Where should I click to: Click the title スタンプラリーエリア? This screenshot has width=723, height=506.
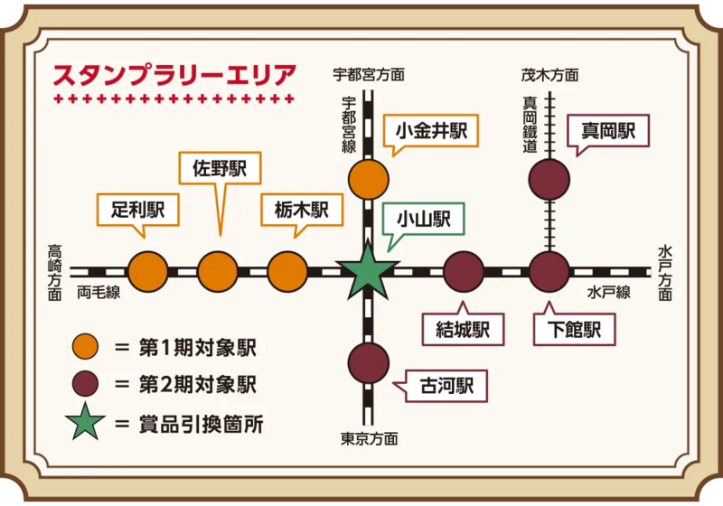pos(174,74)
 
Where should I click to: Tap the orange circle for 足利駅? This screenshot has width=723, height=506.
pos(148,271)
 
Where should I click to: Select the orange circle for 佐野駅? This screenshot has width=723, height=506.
pos(218,271)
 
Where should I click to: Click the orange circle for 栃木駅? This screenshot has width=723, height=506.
pos(287,271)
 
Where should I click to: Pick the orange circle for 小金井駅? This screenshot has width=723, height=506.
pos(368,179)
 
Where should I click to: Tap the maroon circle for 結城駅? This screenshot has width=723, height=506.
pos(464,271)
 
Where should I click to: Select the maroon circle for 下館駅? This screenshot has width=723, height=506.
pos(549,271)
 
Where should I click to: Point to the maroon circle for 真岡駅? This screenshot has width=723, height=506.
pos(549,179)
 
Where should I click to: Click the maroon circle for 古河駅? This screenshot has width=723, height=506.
pos(368,363)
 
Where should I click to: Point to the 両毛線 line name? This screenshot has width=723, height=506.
pos(99,292)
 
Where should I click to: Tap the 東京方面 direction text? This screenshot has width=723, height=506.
pos(369,439)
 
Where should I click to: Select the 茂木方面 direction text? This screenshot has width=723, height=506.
pos(549,75)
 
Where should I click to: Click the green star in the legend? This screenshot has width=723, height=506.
pos(84,423)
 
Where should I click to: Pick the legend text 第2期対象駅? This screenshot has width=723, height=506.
pos(197,384)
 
